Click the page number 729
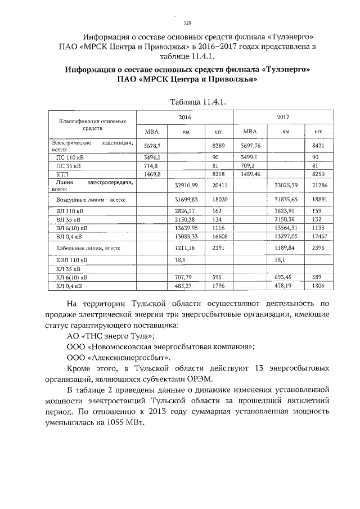(187, 23)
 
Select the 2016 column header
(186, 118)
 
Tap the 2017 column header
(283, 118)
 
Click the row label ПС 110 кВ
(69, 157)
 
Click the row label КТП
(62, 175)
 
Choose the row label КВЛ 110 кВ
(70, 261)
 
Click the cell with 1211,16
(186, 247)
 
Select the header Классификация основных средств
(89, 124)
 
